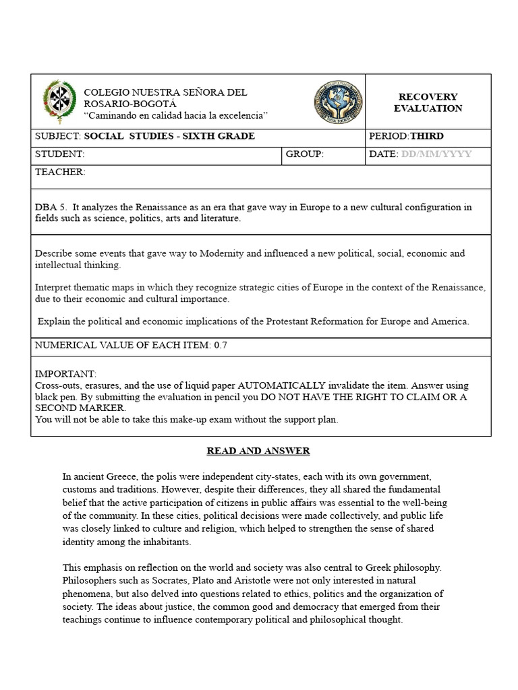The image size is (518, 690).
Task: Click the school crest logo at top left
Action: [x=55, y=100]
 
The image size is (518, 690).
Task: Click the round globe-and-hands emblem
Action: [x=338, y=102]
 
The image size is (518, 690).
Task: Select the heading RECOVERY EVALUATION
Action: [x=428, y=102]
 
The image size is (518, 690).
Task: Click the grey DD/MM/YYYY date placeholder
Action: [x=436, y=154]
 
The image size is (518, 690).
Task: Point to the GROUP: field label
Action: [x=305, y=154]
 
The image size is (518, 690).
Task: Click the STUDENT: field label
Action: [x=59, y=154]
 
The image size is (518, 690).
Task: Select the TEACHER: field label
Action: [x=60, y=172]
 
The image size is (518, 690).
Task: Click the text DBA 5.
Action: [x=51, y=208]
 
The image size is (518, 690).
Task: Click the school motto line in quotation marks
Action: [x=175, y=115]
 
